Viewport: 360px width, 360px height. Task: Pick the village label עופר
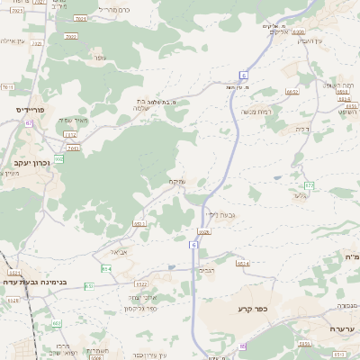(97, 58)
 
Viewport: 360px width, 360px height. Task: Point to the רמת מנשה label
(259, 112)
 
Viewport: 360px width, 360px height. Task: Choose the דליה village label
(301, 129)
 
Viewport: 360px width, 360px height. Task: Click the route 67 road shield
(29, 122)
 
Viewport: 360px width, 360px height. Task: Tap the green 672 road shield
(309, 185)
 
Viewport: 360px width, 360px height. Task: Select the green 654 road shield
(107, 268)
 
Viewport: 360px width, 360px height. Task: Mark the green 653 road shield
(89, 285)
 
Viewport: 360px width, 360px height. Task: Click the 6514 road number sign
(242, 263)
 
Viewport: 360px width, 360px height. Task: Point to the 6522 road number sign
(139, 223)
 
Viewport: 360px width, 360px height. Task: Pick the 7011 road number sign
(7, 87)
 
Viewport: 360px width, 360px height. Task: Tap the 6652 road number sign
(292, 91)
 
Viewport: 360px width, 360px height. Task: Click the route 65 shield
(241, 346)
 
